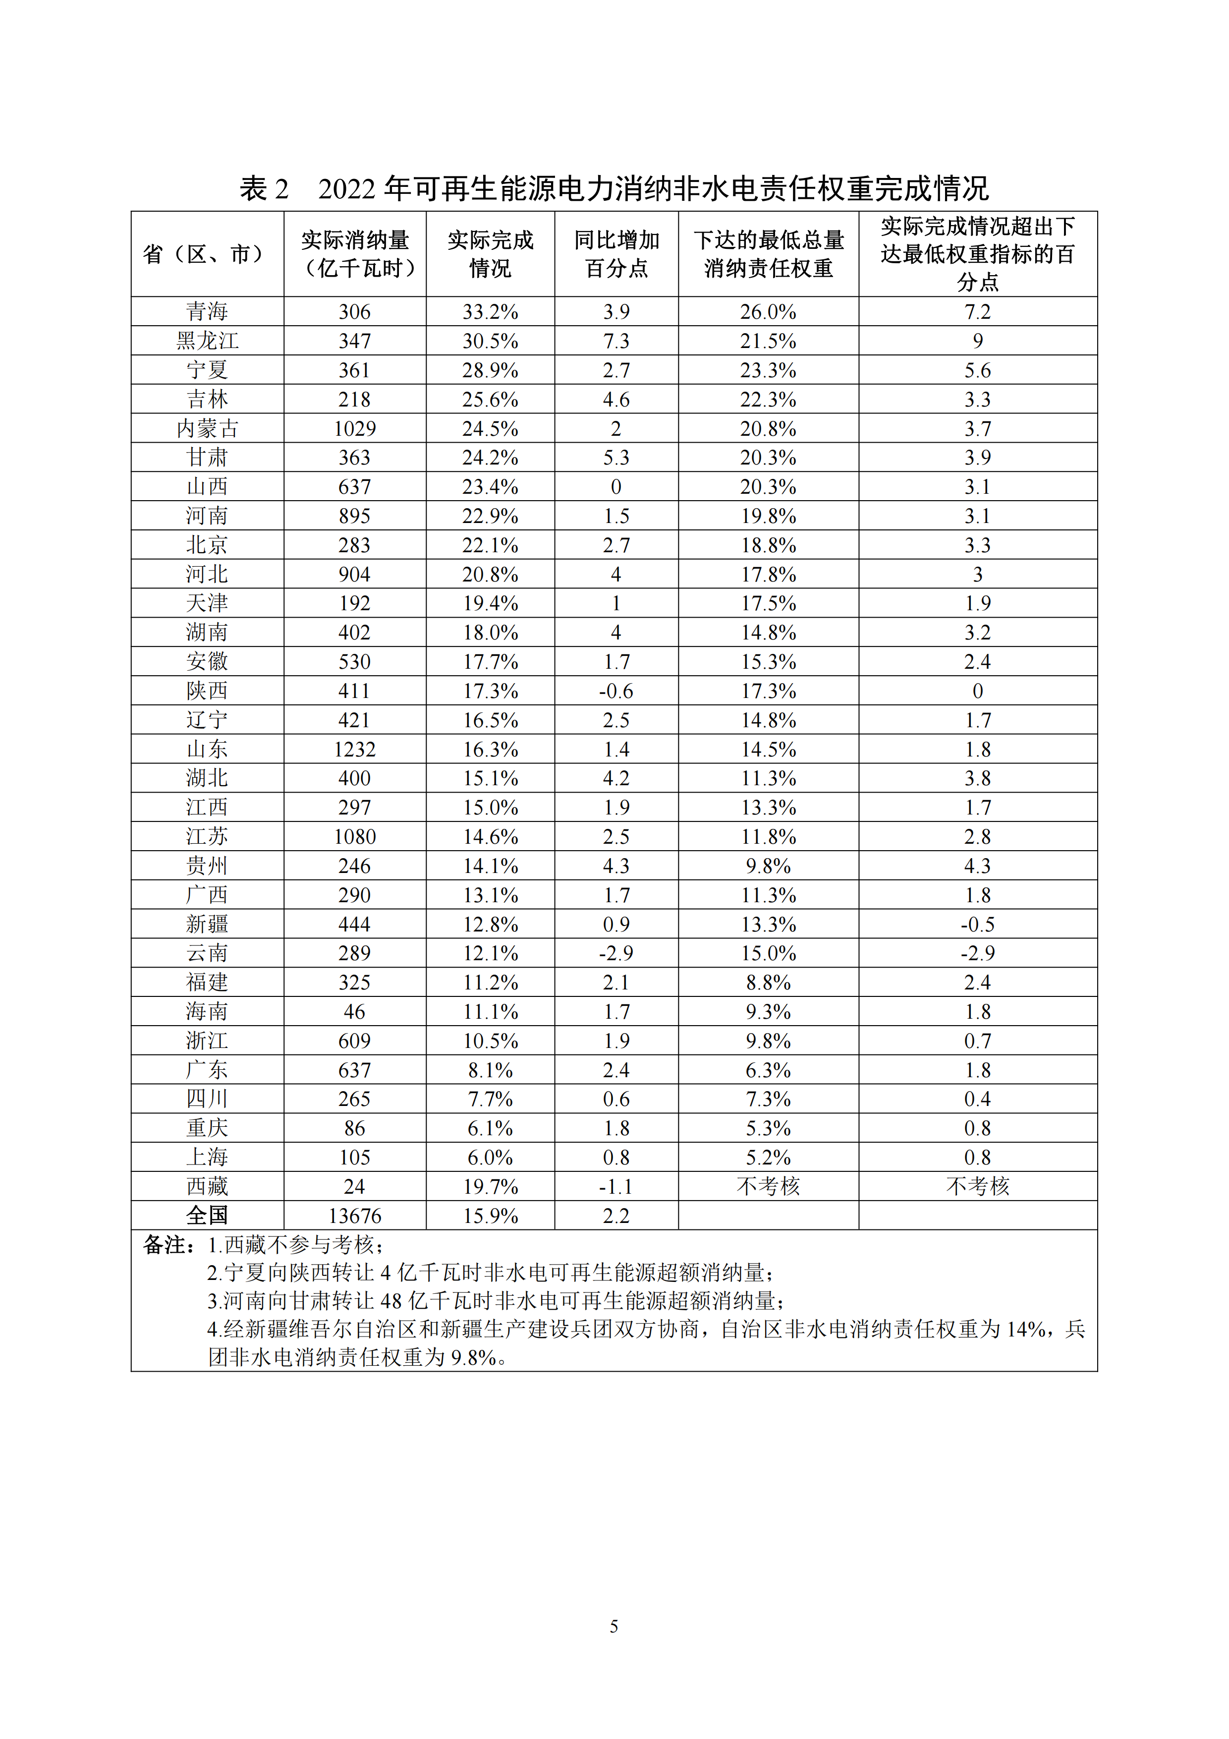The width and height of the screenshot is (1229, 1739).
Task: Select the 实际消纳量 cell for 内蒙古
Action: point(354,429)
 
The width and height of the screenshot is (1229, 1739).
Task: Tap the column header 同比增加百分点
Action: point(616,254)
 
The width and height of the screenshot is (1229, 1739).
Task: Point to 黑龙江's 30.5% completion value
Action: point(490,341)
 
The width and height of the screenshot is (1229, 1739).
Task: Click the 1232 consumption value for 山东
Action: point(354,749)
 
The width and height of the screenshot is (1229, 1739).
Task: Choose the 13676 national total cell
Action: point(354,1216)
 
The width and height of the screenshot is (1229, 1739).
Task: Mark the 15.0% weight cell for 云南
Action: point(768,953)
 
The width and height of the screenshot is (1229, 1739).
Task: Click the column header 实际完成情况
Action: point(490,254)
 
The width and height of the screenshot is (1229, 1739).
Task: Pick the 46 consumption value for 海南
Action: point(354,1011)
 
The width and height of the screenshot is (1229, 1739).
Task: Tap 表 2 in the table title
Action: point(264,188)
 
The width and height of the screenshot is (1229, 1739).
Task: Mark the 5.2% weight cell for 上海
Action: point(768,1158)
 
